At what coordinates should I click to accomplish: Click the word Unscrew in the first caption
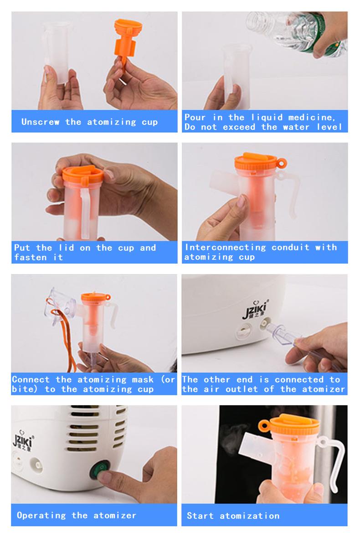pyautogui.click(x=40, y=122)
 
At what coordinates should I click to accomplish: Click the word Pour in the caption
pyautogui.click(x=195, y=117)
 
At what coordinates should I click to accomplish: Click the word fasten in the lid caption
pyautogui.click(x=30, y=257)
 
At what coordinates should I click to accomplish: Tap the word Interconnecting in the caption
pyautogui.click(x=225, y=248)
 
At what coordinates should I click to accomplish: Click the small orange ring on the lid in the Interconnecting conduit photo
pyautogui.click(x=282, y=163)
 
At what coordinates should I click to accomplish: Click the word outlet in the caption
pyautogui.click(x=242, y=389)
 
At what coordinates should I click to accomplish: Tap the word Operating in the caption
pyautogui.click(x=41, y=515)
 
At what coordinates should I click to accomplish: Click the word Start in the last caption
pyautogui.click(x=200, y=516)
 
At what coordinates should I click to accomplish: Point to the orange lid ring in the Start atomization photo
pyautogui.click(x=264, y=426)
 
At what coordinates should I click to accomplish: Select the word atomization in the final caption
pyautogui.click(x=250, y=516)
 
